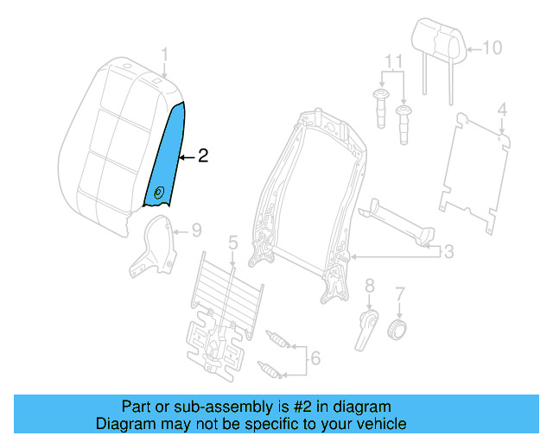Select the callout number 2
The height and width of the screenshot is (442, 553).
[203, 156]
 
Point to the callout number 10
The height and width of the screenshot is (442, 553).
[491, 47]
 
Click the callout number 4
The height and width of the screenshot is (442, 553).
[501, 110]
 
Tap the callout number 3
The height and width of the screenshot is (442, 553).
[448, 251]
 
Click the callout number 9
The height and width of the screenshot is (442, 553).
[196, 230]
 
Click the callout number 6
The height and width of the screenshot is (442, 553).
[315, 357]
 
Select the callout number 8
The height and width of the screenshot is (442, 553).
[369, 285]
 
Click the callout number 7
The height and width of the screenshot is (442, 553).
[399, 294]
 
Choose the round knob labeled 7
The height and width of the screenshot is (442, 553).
[398, 330]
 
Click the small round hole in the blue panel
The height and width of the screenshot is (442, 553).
[158, 193]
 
